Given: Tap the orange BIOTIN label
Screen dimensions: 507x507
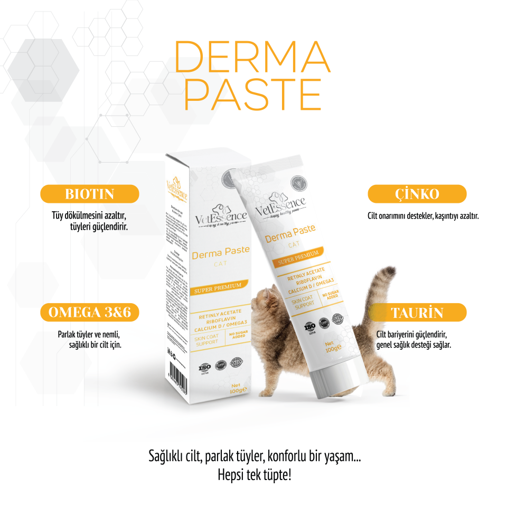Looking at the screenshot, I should [90, 194].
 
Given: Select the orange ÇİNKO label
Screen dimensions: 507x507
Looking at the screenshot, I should [417, 194].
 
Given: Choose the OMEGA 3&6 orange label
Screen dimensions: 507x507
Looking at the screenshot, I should [90, 313].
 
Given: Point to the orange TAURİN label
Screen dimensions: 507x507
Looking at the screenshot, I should [417, 313].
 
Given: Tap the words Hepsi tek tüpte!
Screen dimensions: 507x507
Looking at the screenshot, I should [254, 475].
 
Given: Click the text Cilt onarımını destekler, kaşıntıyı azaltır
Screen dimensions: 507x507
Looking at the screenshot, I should [423, 216].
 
